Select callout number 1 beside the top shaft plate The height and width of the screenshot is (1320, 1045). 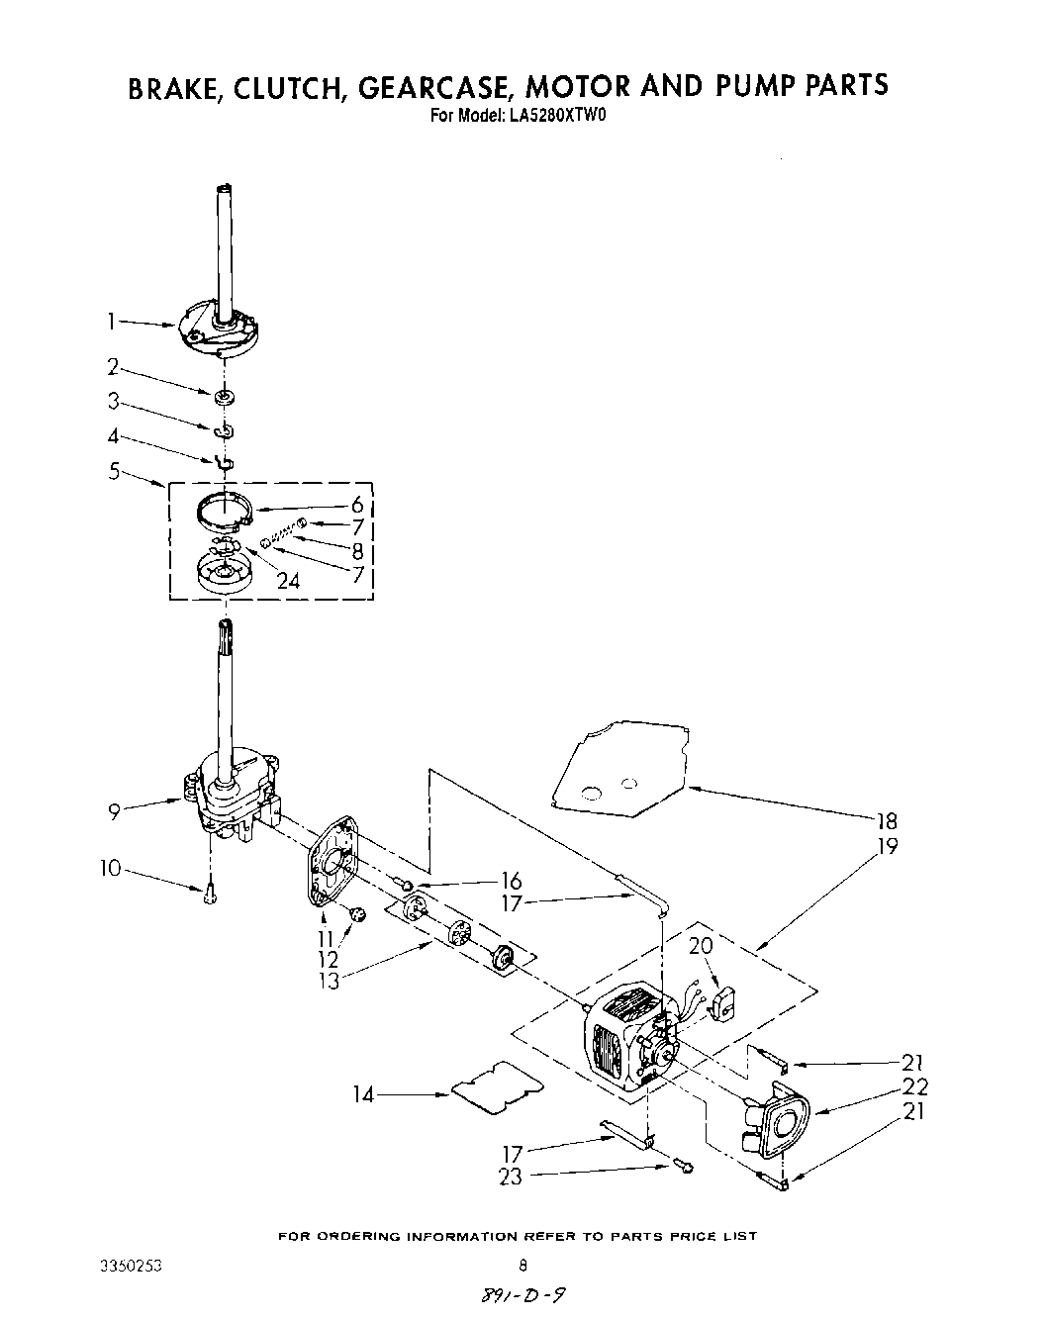pyautogui.click(x=113, y=320)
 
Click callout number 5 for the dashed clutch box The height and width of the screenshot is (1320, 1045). pyautogui.click(x=115, y=472)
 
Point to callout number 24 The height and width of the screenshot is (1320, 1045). pyautogui.click(x=287, y=581)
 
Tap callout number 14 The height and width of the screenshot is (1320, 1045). pyautogui.click(x=364, y=1094)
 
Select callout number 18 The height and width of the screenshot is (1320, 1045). pyautogui.click(x=886, y=820)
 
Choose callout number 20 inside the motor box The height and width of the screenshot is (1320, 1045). pyautogui.click(x=700, y=946)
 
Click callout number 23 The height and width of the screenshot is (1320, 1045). pyautogui.click(x=511, y=1177)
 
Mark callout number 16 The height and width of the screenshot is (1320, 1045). pyautogui.click(x=511, y=881)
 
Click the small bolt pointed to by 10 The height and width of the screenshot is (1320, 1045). pyautogui.click(x=209, y=896)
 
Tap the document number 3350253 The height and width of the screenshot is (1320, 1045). pyautogui.click(x=131, y=1265)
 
